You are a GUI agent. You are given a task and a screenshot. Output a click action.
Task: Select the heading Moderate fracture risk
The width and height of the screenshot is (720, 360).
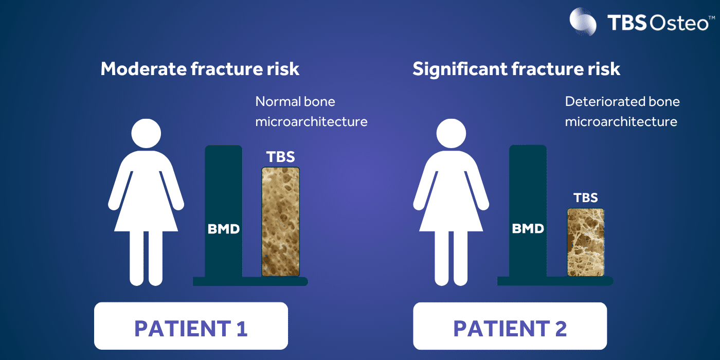tap(200, 69)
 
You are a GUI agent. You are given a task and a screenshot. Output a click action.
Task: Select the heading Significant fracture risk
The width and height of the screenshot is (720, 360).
tap(516, 69)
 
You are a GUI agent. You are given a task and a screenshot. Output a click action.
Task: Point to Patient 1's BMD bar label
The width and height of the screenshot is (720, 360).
tap(224, 229)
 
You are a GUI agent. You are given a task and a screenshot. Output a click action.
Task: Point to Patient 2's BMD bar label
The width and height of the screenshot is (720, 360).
tap(528, 229)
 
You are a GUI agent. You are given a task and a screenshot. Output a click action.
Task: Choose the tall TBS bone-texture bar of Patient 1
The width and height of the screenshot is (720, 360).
tap(280, 222)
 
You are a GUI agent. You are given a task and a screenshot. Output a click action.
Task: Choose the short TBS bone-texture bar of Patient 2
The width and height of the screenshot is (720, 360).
tap(585, 242)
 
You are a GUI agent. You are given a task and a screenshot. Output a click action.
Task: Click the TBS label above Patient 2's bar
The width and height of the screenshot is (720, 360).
tap(585, 198)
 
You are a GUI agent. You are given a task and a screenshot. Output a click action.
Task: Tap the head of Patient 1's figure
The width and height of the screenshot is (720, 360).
tap(146, 134)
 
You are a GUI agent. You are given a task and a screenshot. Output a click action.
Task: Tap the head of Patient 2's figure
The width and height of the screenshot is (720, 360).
tap(451, 134)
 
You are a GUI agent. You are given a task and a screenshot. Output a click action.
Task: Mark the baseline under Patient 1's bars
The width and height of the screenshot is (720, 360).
tap(250, 281)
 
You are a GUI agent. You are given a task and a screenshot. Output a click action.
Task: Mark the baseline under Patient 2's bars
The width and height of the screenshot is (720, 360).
tap(555, 281)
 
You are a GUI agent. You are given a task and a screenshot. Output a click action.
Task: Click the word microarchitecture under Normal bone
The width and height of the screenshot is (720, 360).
tap(311, 122)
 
